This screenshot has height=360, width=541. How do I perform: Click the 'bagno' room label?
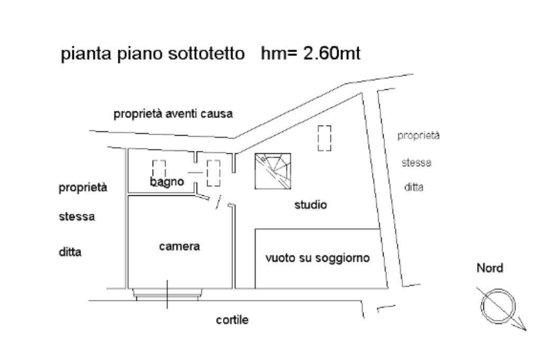[166, 182]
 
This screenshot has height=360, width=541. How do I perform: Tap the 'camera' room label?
[180, 246]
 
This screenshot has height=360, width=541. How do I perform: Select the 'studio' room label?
[310, 205]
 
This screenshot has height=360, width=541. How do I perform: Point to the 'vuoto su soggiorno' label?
[317, 259]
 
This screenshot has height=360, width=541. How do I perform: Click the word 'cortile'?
[232, 320]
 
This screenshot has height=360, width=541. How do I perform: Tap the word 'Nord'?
[490, 268]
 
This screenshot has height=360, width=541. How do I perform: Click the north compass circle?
[497, 305]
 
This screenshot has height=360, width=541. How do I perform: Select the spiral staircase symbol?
[273, 171]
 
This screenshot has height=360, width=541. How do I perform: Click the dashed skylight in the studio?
[324, 138]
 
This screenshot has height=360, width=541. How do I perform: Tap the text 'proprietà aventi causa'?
[174, 114]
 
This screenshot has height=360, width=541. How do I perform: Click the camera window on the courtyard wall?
[167, 293]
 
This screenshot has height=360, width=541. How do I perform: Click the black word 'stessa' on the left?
[77, 217]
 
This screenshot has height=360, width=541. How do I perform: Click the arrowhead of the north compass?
[523, 327]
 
